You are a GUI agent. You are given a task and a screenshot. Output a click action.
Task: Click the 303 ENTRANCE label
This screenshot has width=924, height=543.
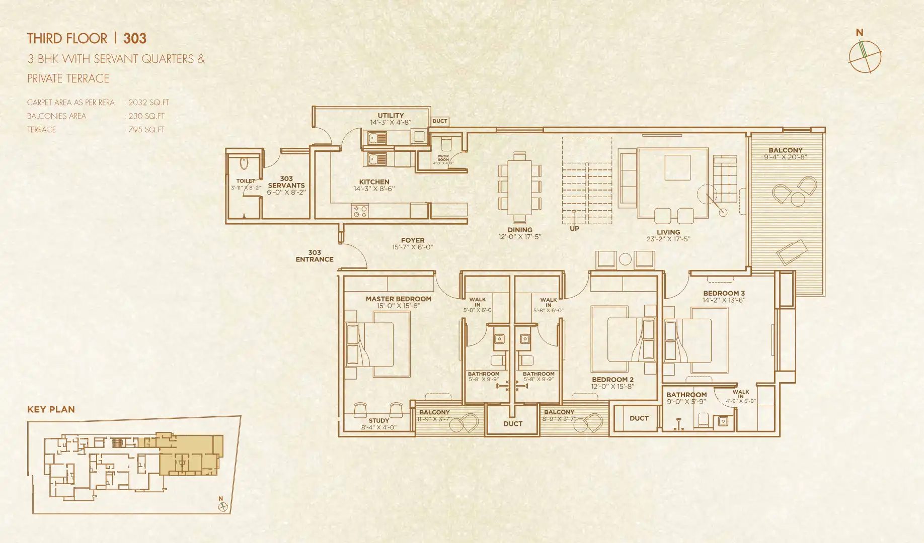tap(315, 256)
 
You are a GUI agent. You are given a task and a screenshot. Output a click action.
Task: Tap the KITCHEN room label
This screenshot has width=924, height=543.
tap(374, 182)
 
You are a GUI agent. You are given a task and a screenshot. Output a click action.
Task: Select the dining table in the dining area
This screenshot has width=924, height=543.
tap(520, 185)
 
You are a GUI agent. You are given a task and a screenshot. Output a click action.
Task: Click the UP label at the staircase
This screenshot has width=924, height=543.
tap(574, 228)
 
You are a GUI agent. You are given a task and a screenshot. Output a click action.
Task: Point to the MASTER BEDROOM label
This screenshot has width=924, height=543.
tap(399, 299)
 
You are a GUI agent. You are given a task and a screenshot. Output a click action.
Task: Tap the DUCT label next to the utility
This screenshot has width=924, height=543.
tap(440, 121)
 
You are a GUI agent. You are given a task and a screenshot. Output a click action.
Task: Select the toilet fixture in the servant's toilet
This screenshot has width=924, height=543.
tap(244, 164)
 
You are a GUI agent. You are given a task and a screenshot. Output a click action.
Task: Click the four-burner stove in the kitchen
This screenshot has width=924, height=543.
tap(360, 211)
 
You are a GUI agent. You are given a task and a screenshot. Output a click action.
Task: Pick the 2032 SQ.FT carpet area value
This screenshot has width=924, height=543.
tap(148, 103)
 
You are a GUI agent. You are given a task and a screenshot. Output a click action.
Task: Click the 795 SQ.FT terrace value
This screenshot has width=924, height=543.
tap(146, 130)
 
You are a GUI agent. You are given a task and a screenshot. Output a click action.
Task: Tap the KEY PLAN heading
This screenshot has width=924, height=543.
tap(51, 410)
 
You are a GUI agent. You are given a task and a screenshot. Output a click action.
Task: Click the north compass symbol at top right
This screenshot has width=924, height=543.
tap(865, 56)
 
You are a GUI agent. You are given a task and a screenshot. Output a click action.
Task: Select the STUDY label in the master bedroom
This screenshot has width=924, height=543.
tap(378, 420)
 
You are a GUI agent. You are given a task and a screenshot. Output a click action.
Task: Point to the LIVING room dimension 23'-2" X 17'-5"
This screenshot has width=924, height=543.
tap(668, 239)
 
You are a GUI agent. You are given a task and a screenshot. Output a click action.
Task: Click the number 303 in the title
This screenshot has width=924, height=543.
tap(135, 39)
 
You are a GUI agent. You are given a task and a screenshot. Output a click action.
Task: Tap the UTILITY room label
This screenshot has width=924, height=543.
tap(391, 115)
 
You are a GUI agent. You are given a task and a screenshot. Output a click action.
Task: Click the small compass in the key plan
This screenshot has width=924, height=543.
tap(222, 507)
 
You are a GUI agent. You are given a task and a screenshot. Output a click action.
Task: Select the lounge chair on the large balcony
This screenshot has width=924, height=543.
tap(792, 251)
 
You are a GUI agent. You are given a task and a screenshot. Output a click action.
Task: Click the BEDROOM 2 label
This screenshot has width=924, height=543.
tap(612, 380)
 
